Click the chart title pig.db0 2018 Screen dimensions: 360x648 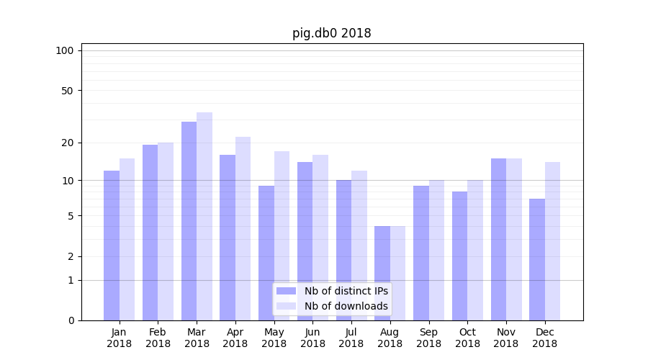click(331, 33)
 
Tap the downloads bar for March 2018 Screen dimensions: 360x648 click(204, 216)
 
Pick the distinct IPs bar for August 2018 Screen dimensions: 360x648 click(382, 274)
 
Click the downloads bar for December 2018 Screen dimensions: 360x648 click(552, 241)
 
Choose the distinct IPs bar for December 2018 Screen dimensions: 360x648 click(537, 259)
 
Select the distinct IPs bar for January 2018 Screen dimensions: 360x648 click(112, 246)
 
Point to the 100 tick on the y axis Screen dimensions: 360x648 click(65, 50)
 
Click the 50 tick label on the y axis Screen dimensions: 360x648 click(67, 91)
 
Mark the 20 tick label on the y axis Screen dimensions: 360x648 click(67, 143)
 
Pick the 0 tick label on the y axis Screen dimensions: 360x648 click(71, 320)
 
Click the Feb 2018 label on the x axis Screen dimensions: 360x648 click(158, 338)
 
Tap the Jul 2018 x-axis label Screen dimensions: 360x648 click(351, 338)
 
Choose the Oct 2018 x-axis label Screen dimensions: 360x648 click(467, 338)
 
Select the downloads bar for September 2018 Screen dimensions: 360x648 click(436, 250)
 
